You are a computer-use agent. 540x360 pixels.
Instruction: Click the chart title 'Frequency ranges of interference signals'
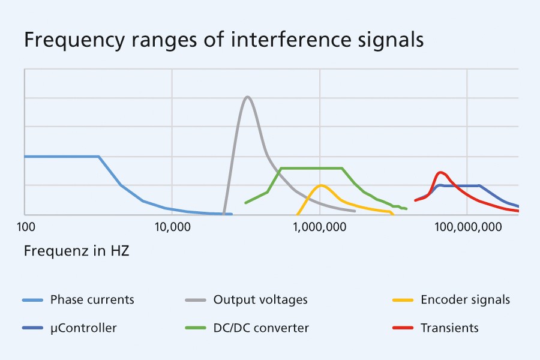coord(224,40)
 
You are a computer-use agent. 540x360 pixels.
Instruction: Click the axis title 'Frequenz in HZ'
coord(77,250)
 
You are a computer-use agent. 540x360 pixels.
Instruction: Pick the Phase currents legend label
coord(92,299)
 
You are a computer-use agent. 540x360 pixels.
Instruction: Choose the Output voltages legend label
coord(260,299)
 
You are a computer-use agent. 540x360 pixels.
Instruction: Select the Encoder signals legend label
coord(465,299)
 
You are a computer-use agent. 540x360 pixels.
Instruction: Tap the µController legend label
coord(83,328)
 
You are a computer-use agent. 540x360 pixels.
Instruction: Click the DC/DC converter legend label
coord(261,328)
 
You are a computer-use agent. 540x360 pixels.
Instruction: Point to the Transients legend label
coord(449,328)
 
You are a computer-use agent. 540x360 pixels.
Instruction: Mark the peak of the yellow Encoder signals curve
coord(322,185)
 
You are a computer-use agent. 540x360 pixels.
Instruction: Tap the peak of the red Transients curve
coord(441,172)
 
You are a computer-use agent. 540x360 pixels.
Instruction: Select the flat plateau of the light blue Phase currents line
coord(60,157)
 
